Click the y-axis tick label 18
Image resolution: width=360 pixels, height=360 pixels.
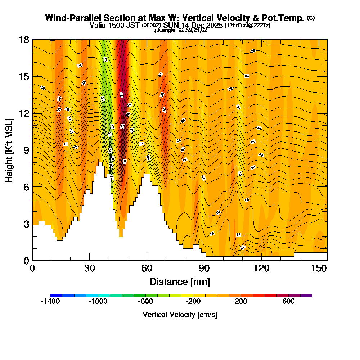(24, 40)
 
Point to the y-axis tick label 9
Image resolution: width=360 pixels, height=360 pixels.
(26, 150)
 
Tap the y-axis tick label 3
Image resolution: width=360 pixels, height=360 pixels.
(26, 224)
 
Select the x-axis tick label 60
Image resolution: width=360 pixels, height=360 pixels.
(147, 269)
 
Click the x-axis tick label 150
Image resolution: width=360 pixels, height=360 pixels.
(319, 269)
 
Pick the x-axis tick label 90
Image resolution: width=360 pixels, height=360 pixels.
(204, 269)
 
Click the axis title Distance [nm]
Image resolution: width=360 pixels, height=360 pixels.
(180, 282)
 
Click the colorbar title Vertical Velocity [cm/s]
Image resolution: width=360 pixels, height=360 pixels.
(180, 315)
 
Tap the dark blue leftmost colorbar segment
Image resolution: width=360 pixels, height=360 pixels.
(56, 295)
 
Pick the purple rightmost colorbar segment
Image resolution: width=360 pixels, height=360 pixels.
(306, 295)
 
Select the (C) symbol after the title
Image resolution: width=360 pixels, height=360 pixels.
(311, 18)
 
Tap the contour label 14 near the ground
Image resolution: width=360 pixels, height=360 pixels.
(243, 247)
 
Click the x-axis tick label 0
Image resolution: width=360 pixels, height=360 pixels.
(32, 269)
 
